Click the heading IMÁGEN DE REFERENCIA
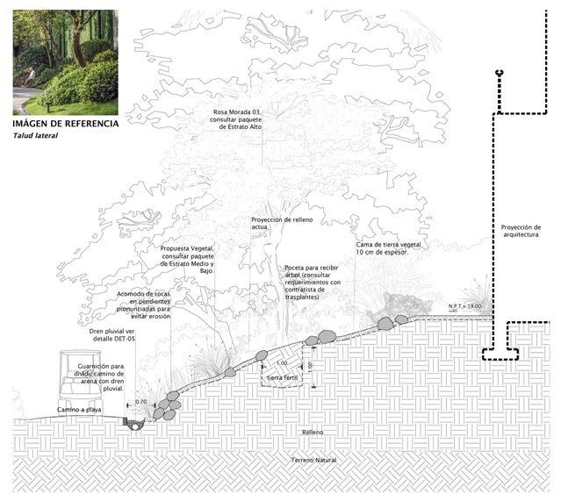pyautogui.click(x=66, y=124)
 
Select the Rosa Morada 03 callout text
pyautogui.click(x=243, y=119)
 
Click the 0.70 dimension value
pyautogui.click(x=141, y=403)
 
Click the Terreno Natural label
pyautogui.click(x=316, y=460)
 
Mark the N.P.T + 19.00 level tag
pyautogui.click(x=465, y=305)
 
